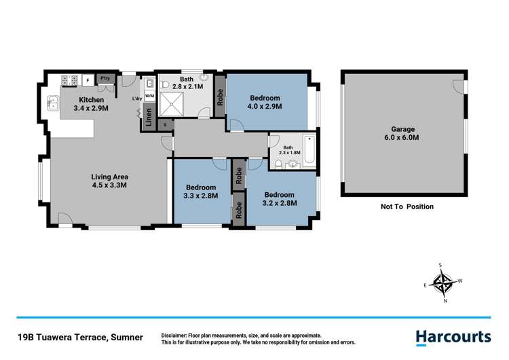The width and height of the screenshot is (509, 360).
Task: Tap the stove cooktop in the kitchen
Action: [69, 81]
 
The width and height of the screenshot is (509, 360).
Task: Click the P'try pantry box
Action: [105, 79]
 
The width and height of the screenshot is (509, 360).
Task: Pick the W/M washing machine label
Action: [149, 96]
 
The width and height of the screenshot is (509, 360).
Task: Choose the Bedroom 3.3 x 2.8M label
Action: [201, 192]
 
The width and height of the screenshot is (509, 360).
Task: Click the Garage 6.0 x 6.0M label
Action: [402, 133]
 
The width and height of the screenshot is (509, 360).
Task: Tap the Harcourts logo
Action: [453, 336]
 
